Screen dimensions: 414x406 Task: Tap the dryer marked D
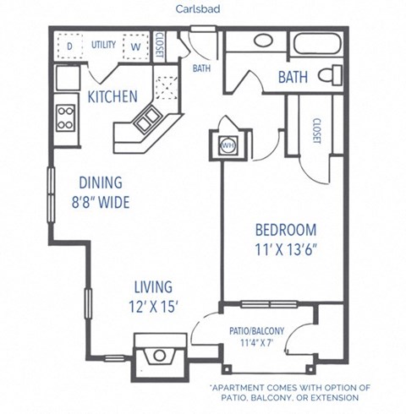coord(69,44)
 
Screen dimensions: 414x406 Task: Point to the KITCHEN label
coord(112,97)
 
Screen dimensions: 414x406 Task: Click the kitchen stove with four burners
coord(66,117)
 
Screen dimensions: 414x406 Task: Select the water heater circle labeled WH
coord(228,145)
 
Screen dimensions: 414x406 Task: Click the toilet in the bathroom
coord(330,77)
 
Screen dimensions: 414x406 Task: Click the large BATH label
coord(294,79)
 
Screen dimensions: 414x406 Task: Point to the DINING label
coord(101,182)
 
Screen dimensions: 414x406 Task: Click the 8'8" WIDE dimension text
coord(106,202)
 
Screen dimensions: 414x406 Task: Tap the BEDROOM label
coord(286,230)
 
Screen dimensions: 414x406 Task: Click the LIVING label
coord(152,286)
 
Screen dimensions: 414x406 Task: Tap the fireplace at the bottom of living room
coord(160,353)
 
